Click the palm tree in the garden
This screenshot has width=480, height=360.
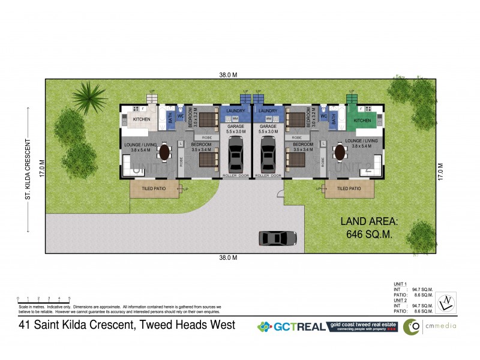(89, 97)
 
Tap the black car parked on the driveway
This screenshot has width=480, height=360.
(278, 238)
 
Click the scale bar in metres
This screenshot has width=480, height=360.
(44, 299)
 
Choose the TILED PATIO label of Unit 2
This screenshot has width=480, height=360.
(349, 188)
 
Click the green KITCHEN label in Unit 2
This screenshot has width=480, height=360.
(362, 121)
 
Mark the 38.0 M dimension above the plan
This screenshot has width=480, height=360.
(228, 75)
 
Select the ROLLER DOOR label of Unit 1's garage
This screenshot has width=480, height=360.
(236, 176)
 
